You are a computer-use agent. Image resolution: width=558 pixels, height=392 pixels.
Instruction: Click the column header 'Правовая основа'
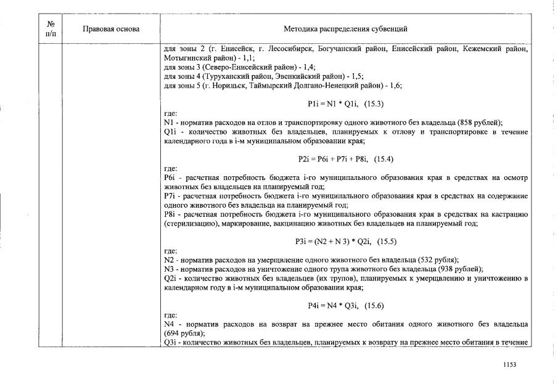(x=111, y=29)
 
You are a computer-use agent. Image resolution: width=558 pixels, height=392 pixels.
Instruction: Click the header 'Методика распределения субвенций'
(x=345, y=29)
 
